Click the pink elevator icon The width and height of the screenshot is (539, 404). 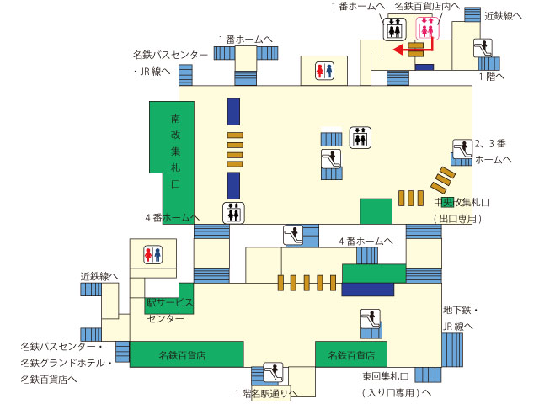(427, 29)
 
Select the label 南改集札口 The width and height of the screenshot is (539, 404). (176, 151)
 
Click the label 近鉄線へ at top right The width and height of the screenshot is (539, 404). (503, 16)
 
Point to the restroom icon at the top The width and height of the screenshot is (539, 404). (324, 71)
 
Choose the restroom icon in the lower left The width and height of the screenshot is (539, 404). (153, 254)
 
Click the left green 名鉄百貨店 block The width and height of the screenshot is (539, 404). (187, 354)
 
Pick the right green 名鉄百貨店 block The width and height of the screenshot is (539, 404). (351, 354)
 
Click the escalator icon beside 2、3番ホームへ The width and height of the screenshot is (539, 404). (462, 149)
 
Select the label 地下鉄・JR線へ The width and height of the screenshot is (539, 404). (461, 318)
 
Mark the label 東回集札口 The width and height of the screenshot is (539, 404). (386, 376)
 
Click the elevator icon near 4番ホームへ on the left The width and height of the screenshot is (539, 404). (233, 213)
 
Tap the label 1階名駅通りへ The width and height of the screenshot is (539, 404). (266, 393)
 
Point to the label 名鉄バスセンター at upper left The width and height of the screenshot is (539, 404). (170, 55)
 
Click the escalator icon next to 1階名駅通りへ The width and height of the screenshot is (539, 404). (273, 372)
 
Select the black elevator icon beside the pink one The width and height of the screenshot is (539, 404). (395, 29)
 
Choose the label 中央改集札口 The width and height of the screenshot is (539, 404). (462, 202)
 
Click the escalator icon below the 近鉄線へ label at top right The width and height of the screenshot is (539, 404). (483, 48)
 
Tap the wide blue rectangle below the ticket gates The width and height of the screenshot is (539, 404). (367, 290)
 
